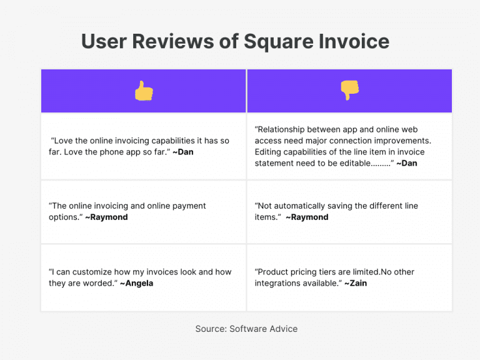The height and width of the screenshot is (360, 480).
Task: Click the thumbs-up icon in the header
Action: coord(143,91)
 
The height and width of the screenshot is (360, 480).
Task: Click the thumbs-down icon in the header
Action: coord(349,91)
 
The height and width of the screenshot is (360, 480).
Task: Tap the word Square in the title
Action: coord(278,42)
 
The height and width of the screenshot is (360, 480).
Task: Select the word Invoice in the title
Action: coord(354,42)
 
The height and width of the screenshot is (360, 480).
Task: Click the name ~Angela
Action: coord(136,283)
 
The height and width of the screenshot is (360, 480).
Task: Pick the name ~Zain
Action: coord(356,283)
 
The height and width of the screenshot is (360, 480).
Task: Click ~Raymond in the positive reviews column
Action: coord(106,217)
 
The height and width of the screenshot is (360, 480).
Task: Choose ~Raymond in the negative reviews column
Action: coord(307,217)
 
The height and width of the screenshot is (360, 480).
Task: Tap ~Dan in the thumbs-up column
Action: coord(183,152)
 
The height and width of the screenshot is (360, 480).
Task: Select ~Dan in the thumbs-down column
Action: coord(407,163)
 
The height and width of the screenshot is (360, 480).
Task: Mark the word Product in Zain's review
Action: coord(274,272)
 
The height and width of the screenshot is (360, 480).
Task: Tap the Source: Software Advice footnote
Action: coord(246,329)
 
